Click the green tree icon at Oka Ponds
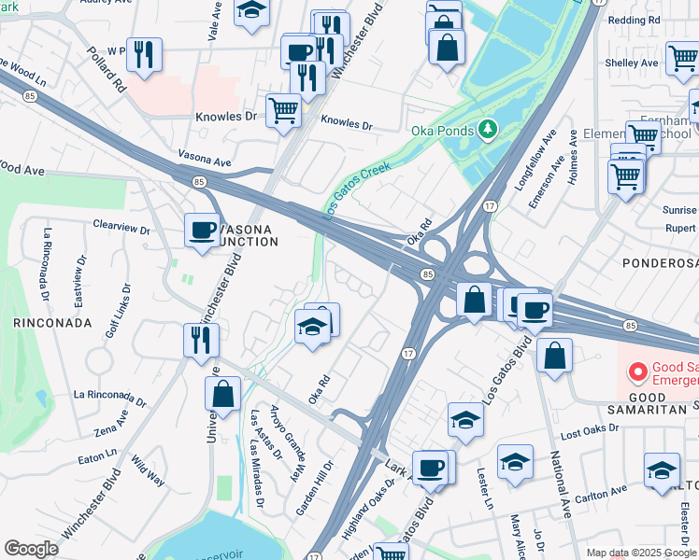486,128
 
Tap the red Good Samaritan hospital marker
638,373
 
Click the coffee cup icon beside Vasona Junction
202,231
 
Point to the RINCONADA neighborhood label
52,322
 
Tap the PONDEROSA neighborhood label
660,264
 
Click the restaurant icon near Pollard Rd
144,54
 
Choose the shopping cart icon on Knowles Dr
283,110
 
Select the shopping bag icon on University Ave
222,393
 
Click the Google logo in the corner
31,549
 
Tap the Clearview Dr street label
121,226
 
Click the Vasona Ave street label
205,161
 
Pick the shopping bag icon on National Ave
554,356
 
